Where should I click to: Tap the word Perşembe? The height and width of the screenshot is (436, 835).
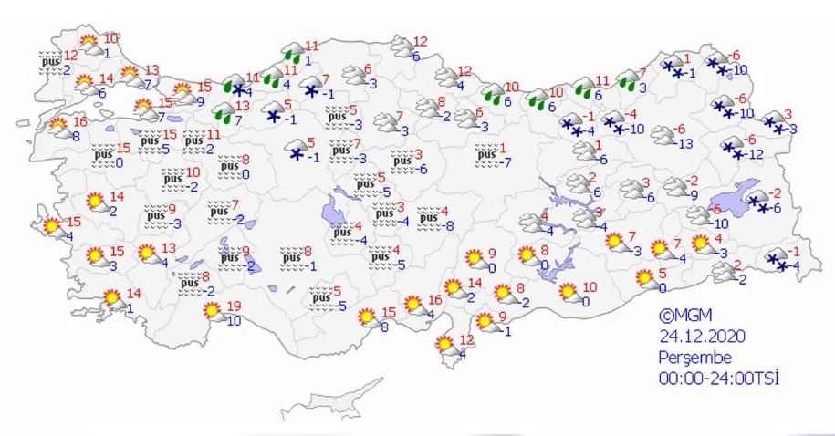coord(694,357)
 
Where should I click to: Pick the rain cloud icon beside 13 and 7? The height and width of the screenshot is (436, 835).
coord(222,113)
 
